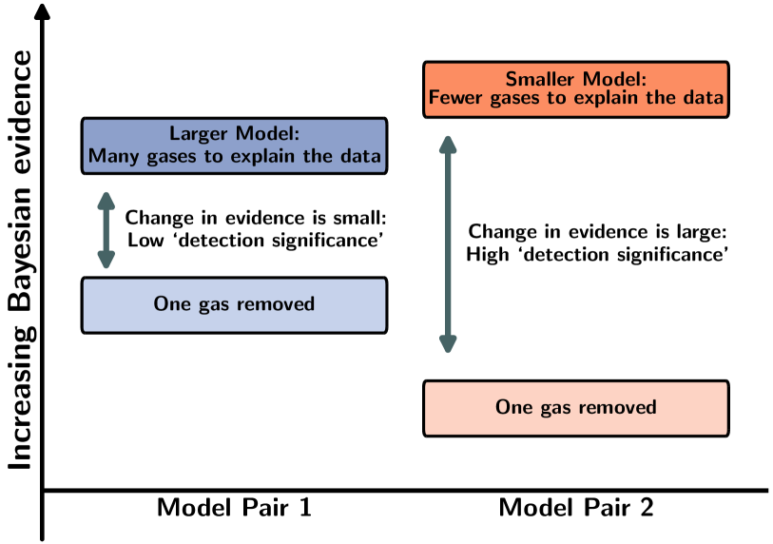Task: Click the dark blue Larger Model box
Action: coord(234,146)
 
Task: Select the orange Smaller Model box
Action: coord(576,89)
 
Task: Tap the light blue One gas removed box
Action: coord(234,305)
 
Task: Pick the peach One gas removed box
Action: coord(576,408)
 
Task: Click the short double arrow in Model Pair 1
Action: coord(106,230)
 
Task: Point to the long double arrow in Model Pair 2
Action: coord(448,244)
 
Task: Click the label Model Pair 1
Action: coord(234,508)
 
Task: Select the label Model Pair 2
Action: coord(576,508)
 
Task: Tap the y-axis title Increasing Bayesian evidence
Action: coord(20,260)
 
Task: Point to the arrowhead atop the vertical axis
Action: coord(43,11)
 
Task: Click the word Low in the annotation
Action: coord(145,241)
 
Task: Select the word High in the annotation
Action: coord(488,255)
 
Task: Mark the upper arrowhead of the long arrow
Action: coord(448,144)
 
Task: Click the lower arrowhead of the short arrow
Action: coord(106,260)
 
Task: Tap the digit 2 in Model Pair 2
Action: coord(647,508)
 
